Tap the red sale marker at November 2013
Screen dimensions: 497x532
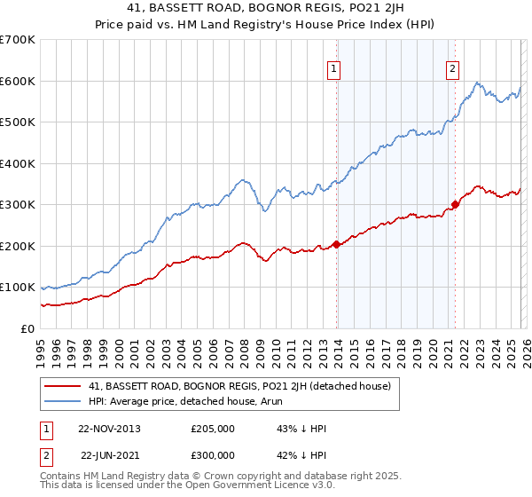pyautogui.click(x=336, y=244)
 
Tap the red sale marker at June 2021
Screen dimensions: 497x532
pyautogui.click(x=455, y=205)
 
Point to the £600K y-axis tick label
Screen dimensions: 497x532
pyautogui.click(x=18, y=81)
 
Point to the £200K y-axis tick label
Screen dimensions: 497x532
pyautogui.click(x=18, y=246)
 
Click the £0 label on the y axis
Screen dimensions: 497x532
pyautogui.click(x=28, y=328)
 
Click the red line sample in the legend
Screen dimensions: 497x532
pyautogui.click(x=64, y=385)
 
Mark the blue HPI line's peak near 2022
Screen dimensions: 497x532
pyautogui.click(x=478, y=83)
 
